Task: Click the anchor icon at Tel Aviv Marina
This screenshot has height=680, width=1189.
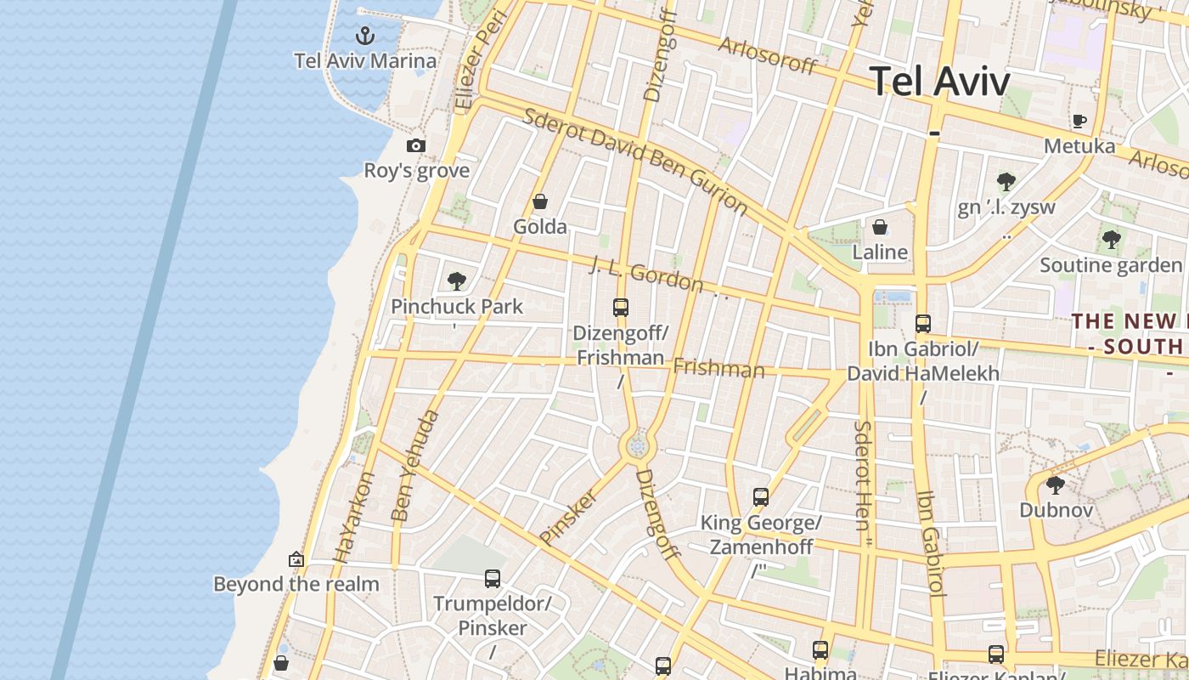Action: click(x=364, y=36)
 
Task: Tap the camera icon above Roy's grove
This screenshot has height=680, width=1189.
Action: click(x=415, y=145)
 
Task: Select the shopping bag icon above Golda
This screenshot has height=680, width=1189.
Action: click(x=539, y=201)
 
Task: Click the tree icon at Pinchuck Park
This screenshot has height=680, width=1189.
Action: click(x=457, y=280)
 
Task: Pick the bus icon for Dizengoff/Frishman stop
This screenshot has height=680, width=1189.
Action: click(x=621, y=308)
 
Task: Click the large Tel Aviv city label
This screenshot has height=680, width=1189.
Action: click(x=940, y=82)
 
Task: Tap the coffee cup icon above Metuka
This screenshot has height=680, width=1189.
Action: click(x=1079, y=121)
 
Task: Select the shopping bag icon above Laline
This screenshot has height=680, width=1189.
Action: click(x=880, y=227)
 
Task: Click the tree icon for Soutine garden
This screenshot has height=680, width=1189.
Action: click(x=1111, y=240)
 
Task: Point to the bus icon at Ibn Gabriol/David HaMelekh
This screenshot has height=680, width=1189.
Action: click(x=923, y=324)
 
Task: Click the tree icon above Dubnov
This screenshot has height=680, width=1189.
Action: click(x=1055, y=485)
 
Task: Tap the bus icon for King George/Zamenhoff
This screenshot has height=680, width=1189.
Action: click(x=761, y=497)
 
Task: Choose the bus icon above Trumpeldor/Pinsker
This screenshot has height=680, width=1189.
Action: click(x=492, y=579)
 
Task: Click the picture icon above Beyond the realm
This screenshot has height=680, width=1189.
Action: click(x=296, y=559)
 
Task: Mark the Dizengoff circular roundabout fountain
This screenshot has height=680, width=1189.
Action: click(x=638, y=445)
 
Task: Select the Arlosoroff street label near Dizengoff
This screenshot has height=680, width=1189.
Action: click(x=767, y=55)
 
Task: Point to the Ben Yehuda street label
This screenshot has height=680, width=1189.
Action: click(x=415, y=466)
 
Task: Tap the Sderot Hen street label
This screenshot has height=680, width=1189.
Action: click(x=863, y=476)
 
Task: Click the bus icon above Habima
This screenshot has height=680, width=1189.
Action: click(x=820, y=650)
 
